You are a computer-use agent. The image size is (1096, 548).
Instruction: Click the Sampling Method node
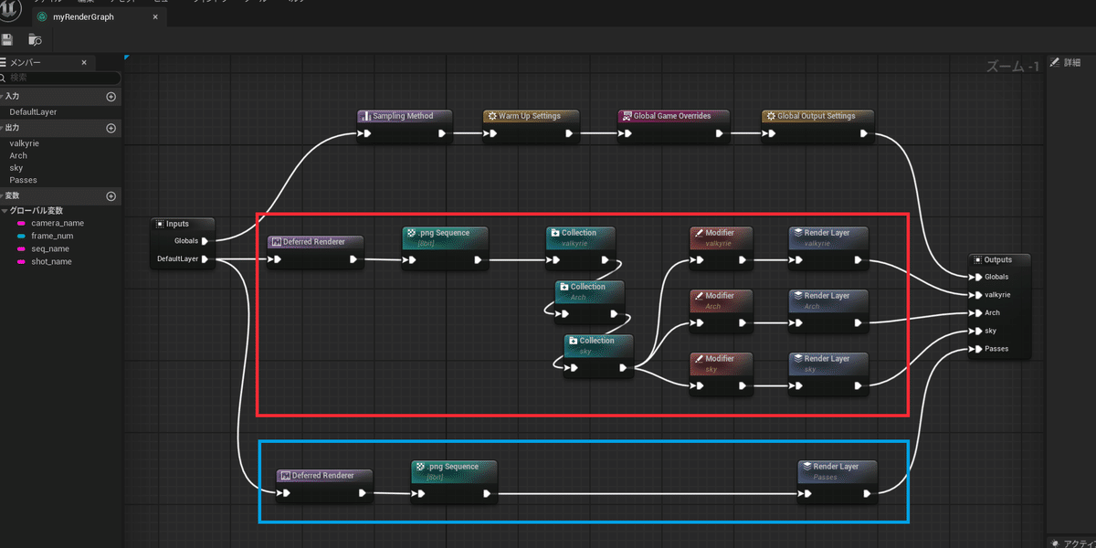click(403, 116)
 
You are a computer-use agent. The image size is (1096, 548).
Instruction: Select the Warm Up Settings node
click(529, 116)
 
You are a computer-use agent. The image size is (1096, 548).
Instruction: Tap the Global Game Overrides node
click(671, 116)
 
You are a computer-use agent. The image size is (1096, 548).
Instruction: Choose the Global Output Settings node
click(816, 116)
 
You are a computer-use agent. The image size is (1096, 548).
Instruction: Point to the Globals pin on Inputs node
click(205, 241)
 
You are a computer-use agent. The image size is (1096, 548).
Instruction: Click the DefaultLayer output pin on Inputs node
click(205, 259)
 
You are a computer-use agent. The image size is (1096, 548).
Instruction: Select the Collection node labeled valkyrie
click(579, 233)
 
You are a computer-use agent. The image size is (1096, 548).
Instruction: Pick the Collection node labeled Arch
click(587, 287)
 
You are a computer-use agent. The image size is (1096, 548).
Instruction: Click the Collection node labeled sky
click(597, 341)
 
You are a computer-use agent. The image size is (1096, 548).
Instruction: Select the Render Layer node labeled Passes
click(837, 467)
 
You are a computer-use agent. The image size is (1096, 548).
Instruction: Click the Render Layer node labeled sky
click(827, 359)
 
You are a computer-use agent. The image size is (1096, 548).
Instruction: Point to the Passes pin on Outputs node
click(977, 349)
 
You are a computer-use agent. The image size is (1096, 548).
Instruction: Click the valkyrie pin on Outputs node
click(977, 295)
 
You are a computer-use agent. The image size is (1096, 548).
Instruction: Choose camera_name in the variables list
click(58, 223)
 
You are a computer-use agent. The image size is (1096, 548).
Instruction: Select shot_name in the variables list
click(51, 262)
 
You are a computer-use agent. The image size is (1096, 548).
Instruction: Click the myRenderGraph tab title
click(82, 17)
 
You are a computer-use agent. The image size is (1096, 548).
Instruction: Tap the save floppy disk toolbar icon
click(8, 39)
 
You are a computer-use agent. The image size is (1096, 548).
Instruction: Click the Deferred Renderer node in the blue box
click(322, 476)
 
